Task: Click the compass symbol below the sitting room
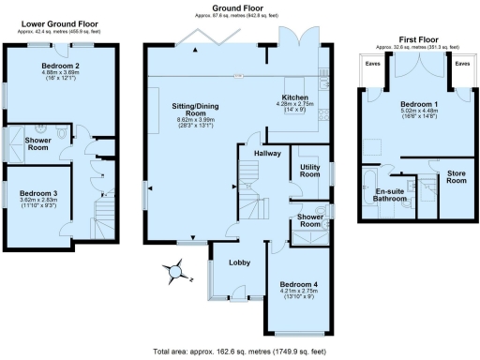(173, 272)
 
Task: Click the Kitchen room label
(298, 97)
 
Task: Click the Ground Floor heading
(234, 7)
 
